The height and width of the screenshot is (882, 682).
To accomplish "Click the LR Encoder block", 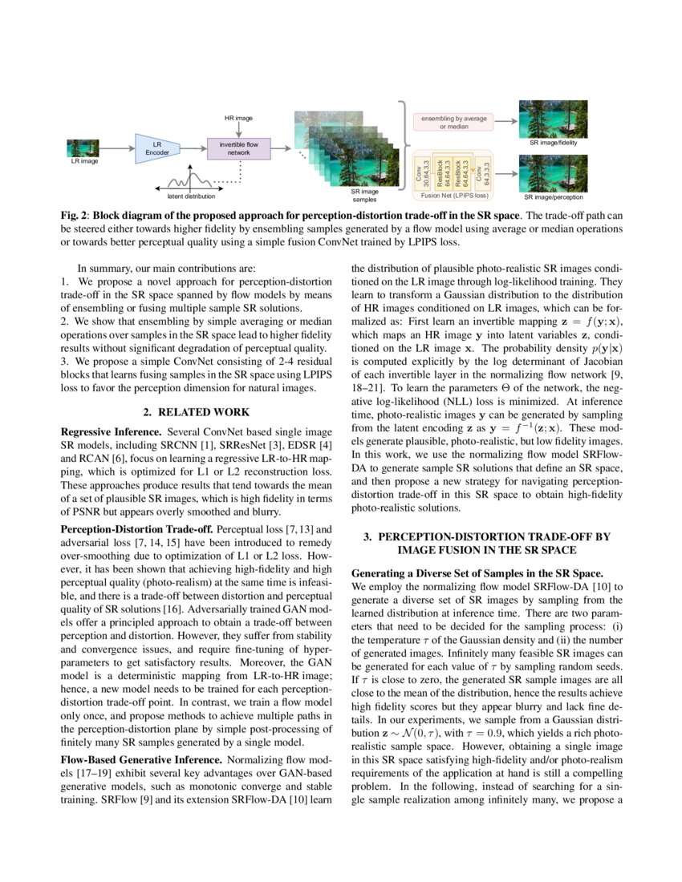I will coord(157,148).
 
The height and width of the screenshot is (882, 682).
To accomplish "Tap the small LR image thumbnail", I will coord(82,148).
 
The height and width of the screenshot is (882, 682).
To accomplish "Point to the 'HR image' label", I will coord(238,118).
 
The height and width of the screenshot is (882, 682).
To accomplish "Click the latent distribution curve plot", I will coord(191,178).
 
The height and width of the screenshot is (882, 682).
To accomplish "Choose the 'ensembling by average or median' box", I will coord(454,122).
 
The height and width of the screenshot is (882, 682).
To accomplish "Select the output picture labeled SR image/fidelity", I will coord(553,119).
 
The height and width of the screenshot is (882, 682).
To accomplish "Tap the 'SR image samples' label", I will coord(365,195).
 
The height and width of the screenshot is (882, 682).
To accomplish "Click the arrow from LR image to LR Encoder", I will coord(117,148).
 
